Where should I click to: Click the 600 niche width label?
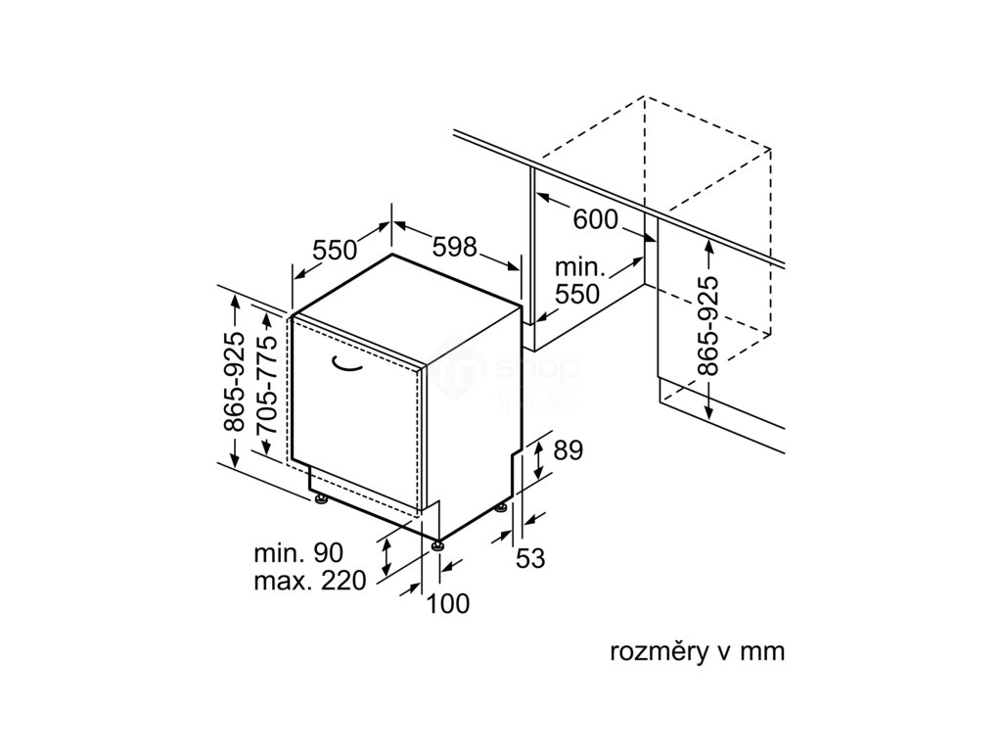[x=595, y=219]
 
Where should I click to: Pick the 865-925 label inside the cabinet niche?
[x=709, y=325]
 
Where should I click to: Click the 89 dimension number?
[x=568, y=450]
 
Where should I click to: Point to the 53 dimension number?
[x=529, y=558]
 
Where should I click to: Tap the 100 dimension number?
[x=448, y=604]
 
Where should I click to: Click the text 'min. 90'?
[x=297, y=551]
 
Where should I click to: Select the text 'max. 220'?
[x=309, y=581]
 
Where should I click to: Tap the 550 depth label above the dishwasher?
[x=335, y=250]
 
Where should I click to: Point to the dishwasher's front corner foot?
[x=435, y=541]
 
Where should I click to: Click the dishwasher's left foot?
[x=321, y=501]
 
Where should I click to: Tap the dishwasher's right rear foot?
[x=502, y=507]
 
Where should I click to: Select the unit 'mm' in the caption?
[x=763, y=651]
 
